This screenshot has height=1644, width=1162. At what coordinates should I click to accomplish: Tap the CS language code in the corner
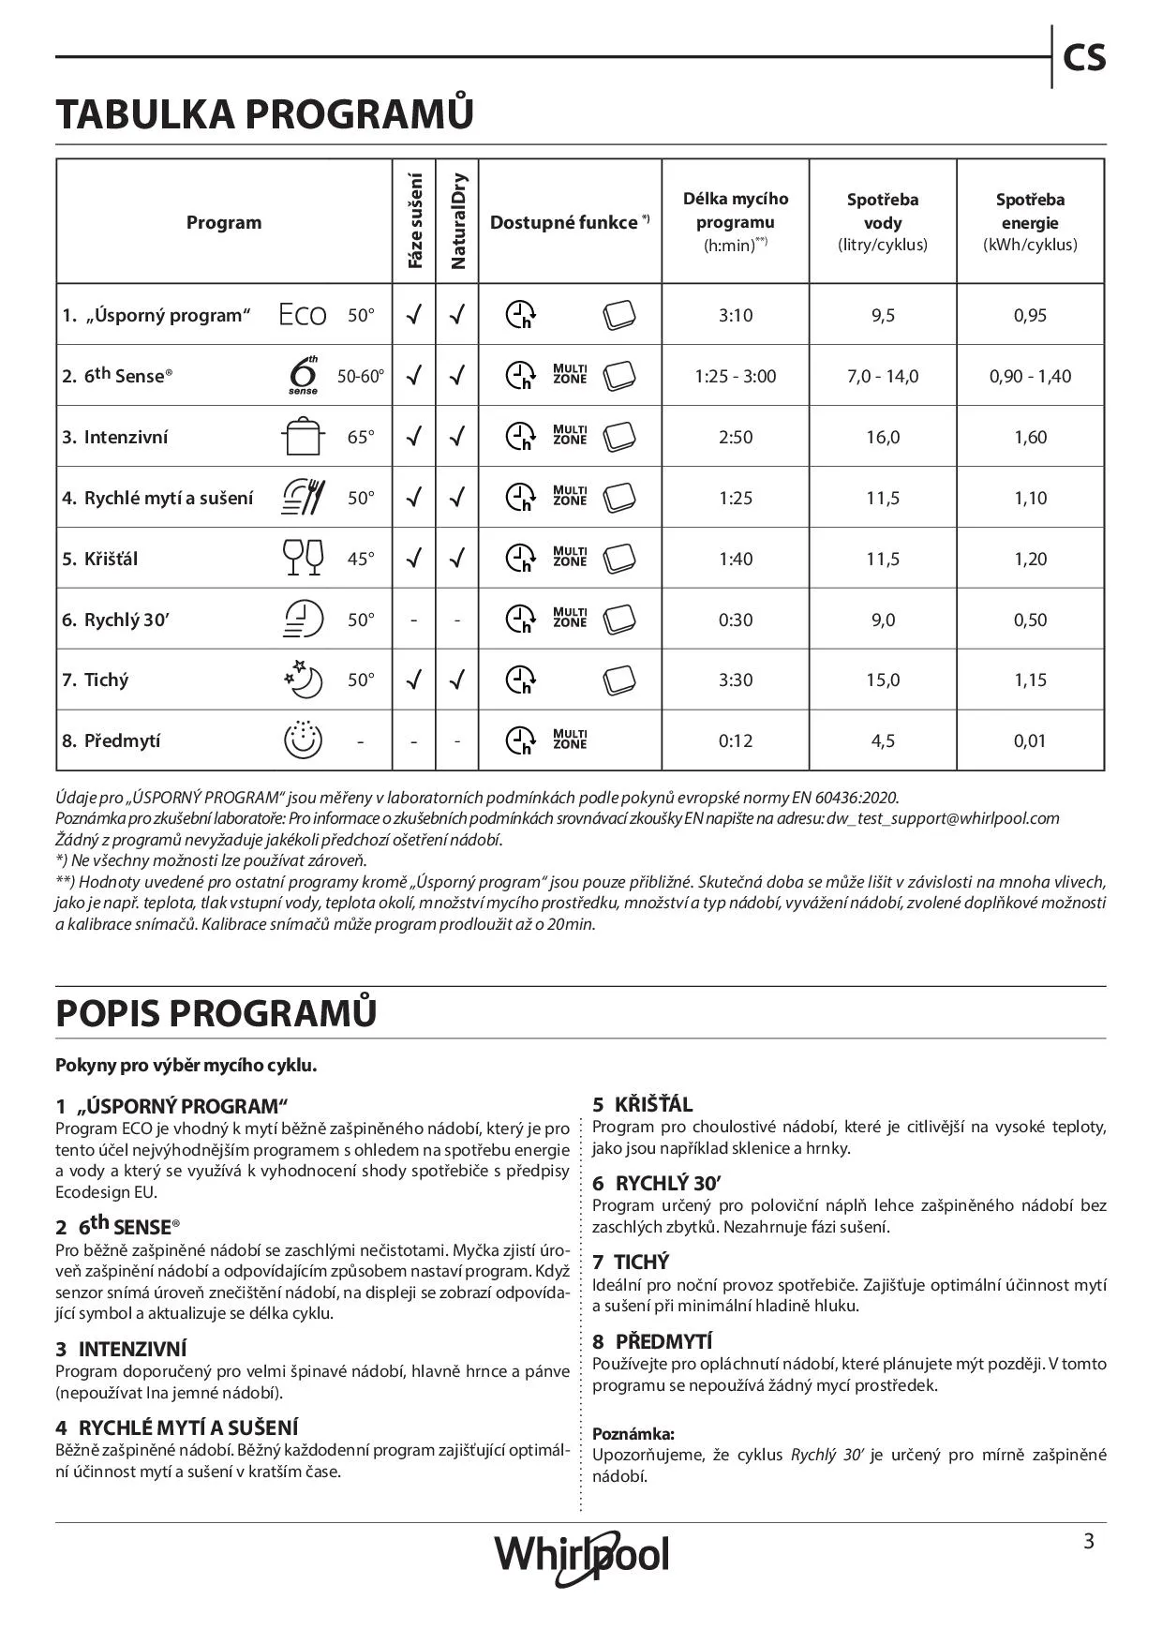[x=1084, y=58]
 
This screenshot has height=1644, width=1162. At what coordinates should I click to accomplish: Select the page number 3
[x=1089, y=1542]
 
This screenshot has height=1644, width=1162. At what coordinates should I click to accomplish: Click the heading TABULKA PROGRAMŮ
[x=265, y=114]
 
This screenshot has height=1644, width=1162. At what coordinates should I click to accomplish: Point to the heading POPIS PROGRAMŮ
[x=216, y=1013]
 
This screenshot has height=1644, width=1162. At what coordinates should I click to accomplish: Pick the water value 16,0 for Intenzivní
[x=883, y=437]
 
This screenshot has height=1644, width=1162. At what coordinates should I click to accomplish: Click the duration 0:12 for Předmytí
[x=736, y=740]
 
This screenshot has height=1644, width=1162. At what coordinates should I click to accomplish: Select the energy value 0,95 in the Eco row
[x=1030, y=315]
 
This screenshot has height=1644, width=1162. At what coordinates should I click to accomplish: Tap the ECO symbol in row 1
[x=303, y=315]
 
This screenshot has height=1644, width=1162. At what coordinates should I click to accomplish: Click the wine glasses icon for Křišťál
[x=303, y=558]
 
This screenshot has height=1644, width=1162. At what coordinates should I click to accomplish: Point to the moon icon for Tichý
[x=304, y=679]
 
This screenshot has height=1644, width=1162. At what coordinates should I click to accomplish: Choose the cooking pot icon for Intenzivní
[x=303, y=437]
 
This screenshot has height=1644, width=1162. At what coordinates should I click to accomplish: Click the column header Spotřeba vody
[x=883, y=222]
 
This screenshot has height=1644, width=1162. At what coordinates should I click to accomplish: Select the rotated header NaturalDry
[x=457, y=221]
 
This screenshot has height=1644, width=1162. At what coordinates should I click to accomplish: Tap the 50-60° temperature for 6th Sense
[x=361, y=376]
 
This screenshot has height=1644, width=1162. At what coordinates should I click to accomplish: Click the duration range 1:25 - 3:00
[x=736, y=376]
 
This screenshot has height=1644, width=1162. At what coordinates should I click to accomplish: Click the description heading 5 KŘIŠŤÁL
[x=643, y=1104]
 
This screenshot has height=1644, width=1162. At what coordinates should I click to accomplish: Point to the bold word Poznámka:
[x=633, y=1433]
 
